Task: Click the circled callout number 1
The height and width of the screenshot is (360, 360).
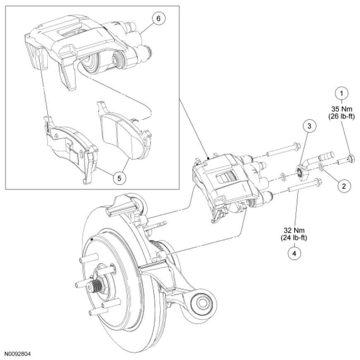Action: click(x=341, y=93)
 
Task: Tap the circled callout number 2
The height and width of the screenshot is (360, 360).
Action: click(x=344, y=186)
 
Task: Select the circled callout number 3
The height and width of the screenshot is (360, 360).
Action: click(x=310, y=126)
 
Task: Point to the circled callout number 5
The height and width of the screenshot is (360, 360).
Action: click(x=119, y=178)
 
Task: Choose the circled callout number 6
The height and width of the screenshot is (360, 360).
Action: click(x=158, y=18)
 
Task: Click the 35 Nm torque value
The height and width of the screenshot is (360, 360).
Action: click(x=341, y=108)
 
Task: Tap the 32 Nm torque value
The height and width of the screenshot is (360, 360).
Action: click(x=294, y=230)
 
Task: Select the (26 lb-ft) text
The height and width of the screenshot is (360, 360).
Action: click(x=341, y=117)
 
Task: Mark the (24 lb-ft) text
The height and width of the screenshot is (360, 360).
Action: click(x=294, y=238)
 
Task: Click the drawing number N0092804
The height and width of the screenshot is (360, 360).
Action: click(x=17, y=353)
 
